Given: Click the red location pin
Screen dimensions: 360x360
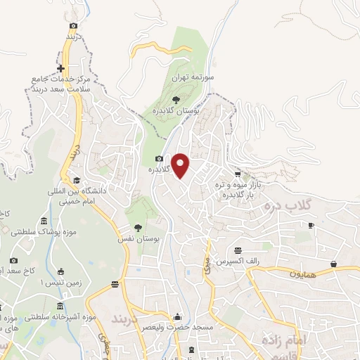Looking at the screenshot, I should (x=181, y=166).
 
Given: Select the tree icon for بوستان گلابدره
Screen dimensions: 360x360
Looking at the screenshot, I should (x=176, y=100).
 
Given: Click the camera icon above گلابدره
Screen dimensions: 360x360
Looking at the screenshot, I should (x=160, y=159).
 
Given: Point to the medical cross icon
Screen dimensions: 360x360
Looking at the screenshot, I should (x=63, y=69).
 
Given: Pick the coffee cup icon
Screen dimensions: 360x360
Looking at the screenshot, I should (x=311, y=225).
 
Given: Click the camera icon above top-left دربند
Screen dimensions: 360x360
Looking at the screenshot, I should (x=74, y=25).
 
